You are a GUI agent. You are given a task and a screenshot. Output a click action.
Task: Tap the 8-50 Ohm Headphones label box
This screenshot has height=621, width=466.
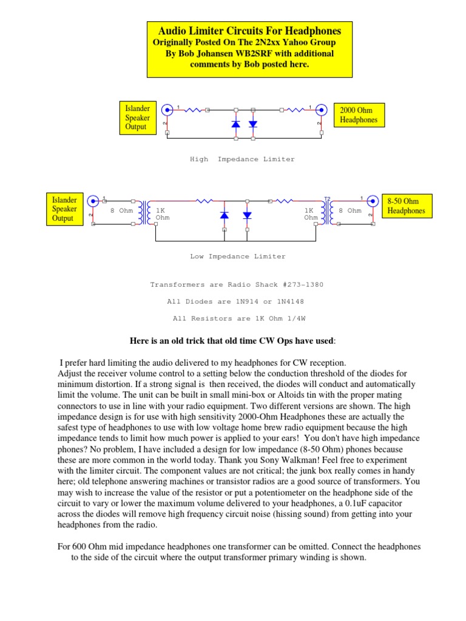[406, 206]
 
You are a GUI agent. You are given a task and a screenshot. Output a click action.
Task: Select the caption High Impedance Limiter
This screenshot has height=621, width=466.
[242, 159]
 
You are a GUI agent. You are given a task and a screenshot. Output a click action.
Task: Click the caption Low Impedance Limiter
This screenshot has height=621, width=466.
[237, 257]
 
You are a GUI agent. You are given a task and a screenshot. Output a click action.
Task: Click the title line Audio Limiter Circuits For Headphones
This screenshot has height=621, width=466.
[249, 30]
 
